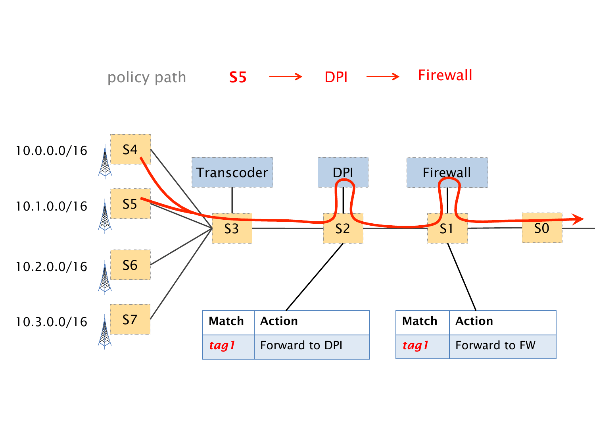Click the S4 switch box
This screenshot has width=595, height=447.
pyautogui.click(x=130, y=149)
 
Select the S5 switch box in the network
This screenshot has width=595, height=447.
pyautogui.click(x=130, y=204)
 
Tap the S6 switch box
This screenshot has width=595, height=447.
pyautogui.click(x=130, y=265)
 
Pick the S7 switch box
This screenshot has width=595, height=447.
pyautogui.click(x=130, y=319)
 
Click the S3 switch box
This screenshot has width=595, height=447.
pyautogui.click(x=232, y=228)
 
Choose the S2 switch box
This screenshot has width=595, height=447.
pyautogui.click(x=343, y=228)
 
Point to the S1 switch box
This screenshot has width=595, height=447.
pyautogui.click(x=447, y=228)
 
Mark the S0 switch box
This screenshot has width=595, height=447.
pyautogui.click(x=542, y=228)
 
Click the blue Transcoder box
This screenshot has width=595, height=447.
pyautogui.click(x=232, y=172)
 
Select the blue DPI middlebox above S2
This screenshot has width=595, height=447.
pyautogui.click(x=343, y=172)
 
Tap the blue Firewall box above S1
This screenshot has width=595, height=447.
pyautogui.click(x=447, y=172)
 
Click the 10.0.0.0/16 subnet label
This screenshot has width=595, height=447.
pyautogui.click(x=51, y=151)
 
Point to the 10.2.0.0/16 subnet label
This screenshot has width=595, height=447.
pyautogui.click(x=51, y=267)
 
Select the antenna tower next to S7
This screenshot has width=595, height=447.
pyautogui.click(x=105, y=332)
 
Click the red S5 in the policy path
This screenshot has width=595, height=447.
pyautogui.click(x=238, y=77)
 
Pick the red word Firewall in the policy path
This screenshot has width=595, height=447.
pyautogui.click(x=445, y=75)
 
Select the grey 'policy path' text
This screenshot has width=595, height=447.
pyautogui.click(x=147, y=77)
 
